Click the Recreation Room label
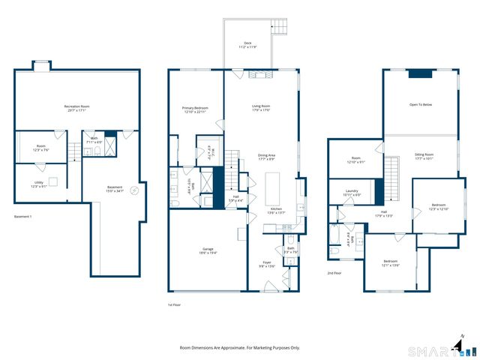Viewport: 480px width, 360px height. click(77, 109)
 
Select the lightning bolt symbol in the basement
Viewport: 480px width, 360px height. click(135, 190)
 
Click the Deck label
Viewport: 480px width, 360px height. click(247, 45)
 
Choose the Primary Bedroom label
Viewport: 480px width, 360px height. click(195, 110)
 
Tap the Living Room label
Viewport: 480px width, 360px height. click(260, 108)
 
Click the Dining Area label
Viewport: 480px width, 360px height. click(266, 157)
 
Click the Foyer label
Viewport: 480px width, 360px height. click(266, 263)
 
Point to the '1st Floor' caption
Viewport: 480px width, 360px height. click(175, 304)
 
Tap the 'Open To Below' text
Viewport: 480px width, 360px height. click(420, 104)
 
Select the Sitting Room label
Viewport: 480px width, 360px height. click(424, 156)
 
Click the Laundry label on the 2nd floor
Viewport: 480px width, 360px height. click(352, 192)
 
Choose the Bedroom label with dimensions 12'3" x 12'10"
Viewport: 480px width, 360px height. click(439, 206)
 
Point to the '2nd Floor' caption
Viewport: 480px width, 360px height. click(335, 274)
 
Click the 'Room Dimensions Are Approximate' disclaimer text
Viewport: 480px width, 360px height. click(240, 348)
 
